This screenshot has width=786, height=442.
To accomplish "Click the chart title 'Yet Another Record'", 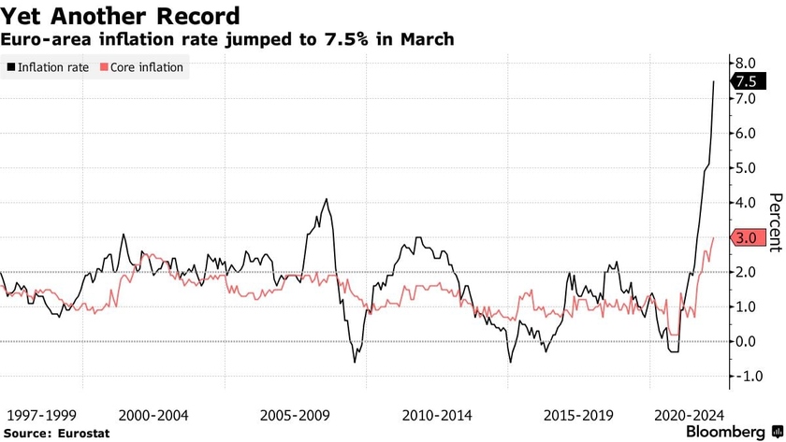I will [x=120, y=16].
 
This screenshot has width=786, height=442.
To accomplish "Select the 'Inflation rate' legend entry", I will [x=52, y=67].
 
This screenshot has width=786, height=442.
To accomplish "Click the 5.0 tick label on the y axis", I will [x=745, y=168].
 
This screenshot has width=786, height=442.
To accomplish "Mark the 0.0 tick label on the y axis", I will [x=745, y=341].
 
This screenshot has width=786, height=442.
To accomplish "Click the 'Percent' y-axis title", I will [x=774, y=222].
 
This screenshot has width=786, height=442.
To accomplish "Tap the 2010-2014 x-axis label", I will [x=437, y=414].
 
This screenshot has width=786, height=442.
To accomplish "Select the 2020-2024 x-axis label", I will [x=691, y=414].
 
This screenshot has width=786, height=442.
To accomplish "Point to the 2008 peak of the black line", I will [x=326, y=199].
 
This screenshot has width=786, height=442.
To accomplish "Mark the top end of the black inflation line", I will [x=714, y=81].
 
